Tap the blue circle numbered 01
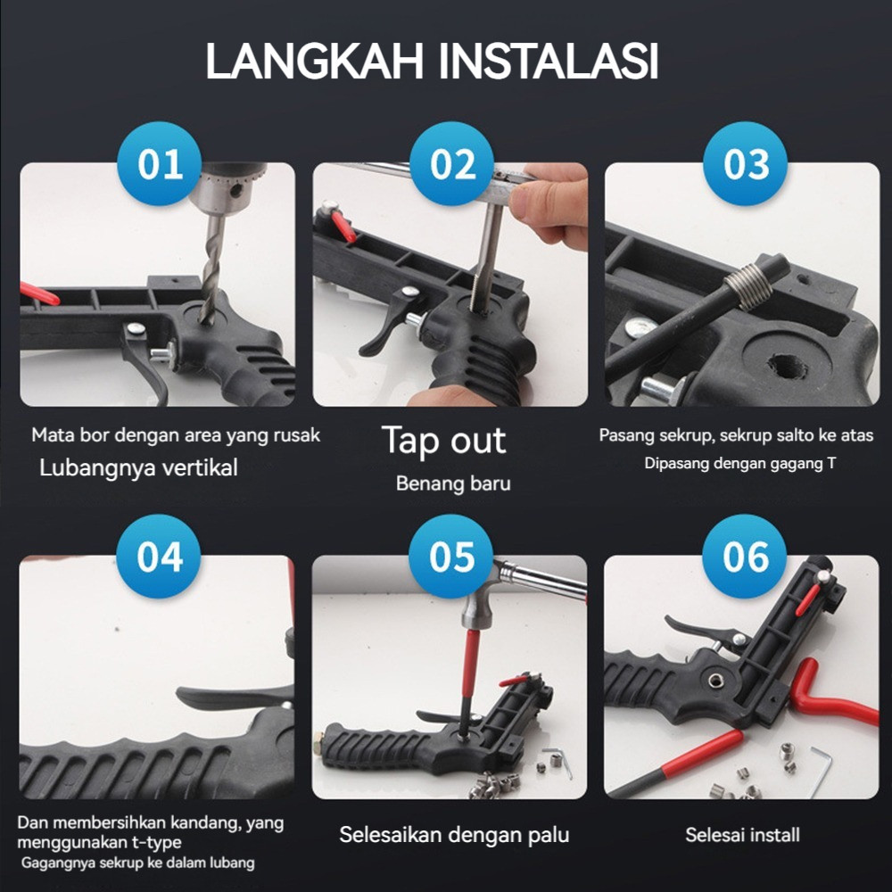pyautogui.click(x=160, y=164)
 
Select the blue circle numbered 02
pyautogui.click(x=452, y=164)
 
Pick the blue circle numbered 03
pyautogui.click(x=745, y=164)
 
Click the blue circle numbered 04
pyautogui.click(x=159, y=557)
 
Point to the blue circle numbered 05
pyautogui.click(x=451, y=557)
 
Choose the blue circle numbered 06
pyautogui.click(x=745, y=557)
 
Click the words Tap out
pyautogui.click(x=443, y=441)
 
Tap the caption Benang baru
pyautogui.click(x=453, y=483)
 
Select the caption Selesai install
pyautogui.click(x=742, y=835)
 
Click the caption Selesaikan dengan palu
pyautogui.click(x=454, y=835)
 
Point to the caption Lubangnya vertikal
pyautogui.click(x=138, y=468)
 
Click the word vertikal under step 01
pyautogui.click(x=200, y=467)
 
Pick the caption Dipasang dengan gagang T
pyautogui.click(x=740, y=464)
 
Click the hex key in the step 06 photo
pyautogui.click(x=822, y=771)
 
